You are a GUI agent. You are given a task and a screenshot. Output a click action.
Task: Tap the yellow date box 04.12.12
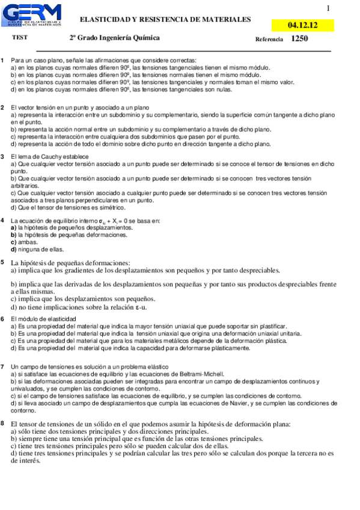pos(302,25)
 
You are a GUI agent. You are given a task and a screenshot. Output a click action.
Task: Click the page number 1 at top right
pos(328,8)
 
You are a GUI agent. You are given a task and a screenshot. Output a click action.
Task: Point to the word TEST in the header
pos(20,37)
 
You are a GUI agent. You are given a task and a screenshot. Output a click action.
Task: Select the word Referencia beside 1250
pos(269,39)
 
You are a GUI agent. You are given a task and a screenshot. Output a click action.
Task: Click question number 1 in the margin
pos(3,61)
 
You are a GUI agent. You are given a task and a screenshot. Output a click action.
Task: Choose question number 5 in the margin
pos(3,263)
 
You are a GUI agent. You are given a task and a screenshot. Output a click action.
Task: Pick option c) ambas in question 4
pos(23,242)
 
